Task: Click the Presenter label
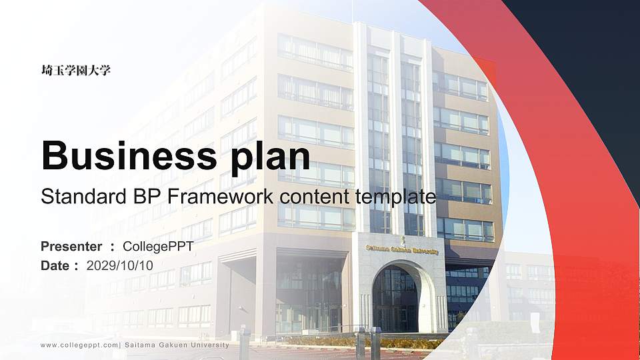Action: tap(71, 247)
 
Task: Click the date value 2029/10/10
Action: tap(120, 265)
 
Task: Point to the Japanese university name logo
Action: tap(75, 70)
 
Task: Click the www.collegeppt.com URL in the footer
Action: tap(79, 345)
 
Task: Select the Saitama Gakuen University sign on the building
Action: tap(402, 251)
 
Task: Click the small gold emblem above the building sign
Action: tap(402, 239)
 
